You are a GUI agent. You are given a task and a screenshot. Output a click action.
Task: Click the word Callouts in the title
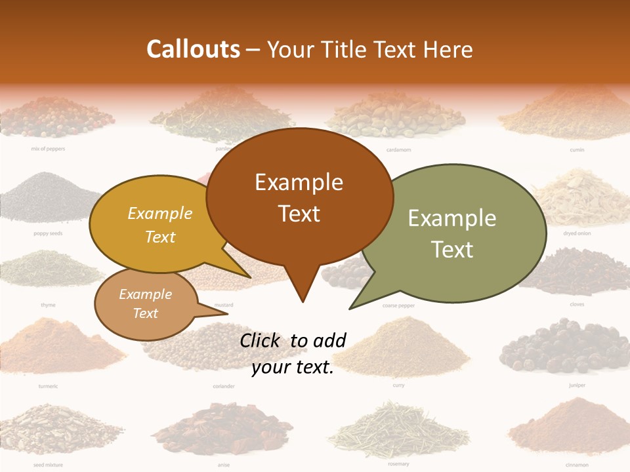coord(193,49)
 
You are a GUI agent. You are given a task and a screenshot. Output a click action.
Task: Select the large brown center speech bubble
coord(299,197)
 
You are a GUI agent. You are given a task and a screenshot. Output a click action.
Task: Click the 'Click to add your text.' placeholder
coord(293,354)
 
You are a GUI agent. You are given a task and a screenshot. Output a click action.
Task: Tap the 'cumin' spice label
coord(577,150)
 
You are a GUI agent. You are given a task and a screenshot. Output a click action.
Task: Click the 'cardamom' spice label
coord(398,150)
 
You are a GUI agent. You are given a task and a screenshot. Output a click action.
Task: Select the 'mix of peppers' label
coord(48,149)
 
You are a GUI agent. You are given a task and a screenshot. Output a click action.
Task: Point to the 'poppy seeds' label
coord(48,233)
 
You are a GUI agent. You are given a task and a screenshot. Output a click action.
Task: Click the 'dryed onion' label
coord(577,233)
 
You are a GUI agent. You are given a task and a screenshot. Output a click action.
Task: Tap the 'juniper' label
coord(577,385)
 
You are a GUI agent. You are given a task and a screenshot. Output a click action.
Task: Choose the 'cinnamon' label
coord(577,465)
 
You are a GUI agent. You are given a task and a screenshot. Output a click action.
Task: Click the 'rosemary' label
coord(398,464)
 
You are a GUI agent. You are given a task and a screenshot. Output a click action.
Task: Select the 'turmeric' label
coord(48,386)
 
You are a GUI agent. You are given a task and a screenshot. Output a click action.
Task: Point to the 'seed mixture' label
coord(48,465)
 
